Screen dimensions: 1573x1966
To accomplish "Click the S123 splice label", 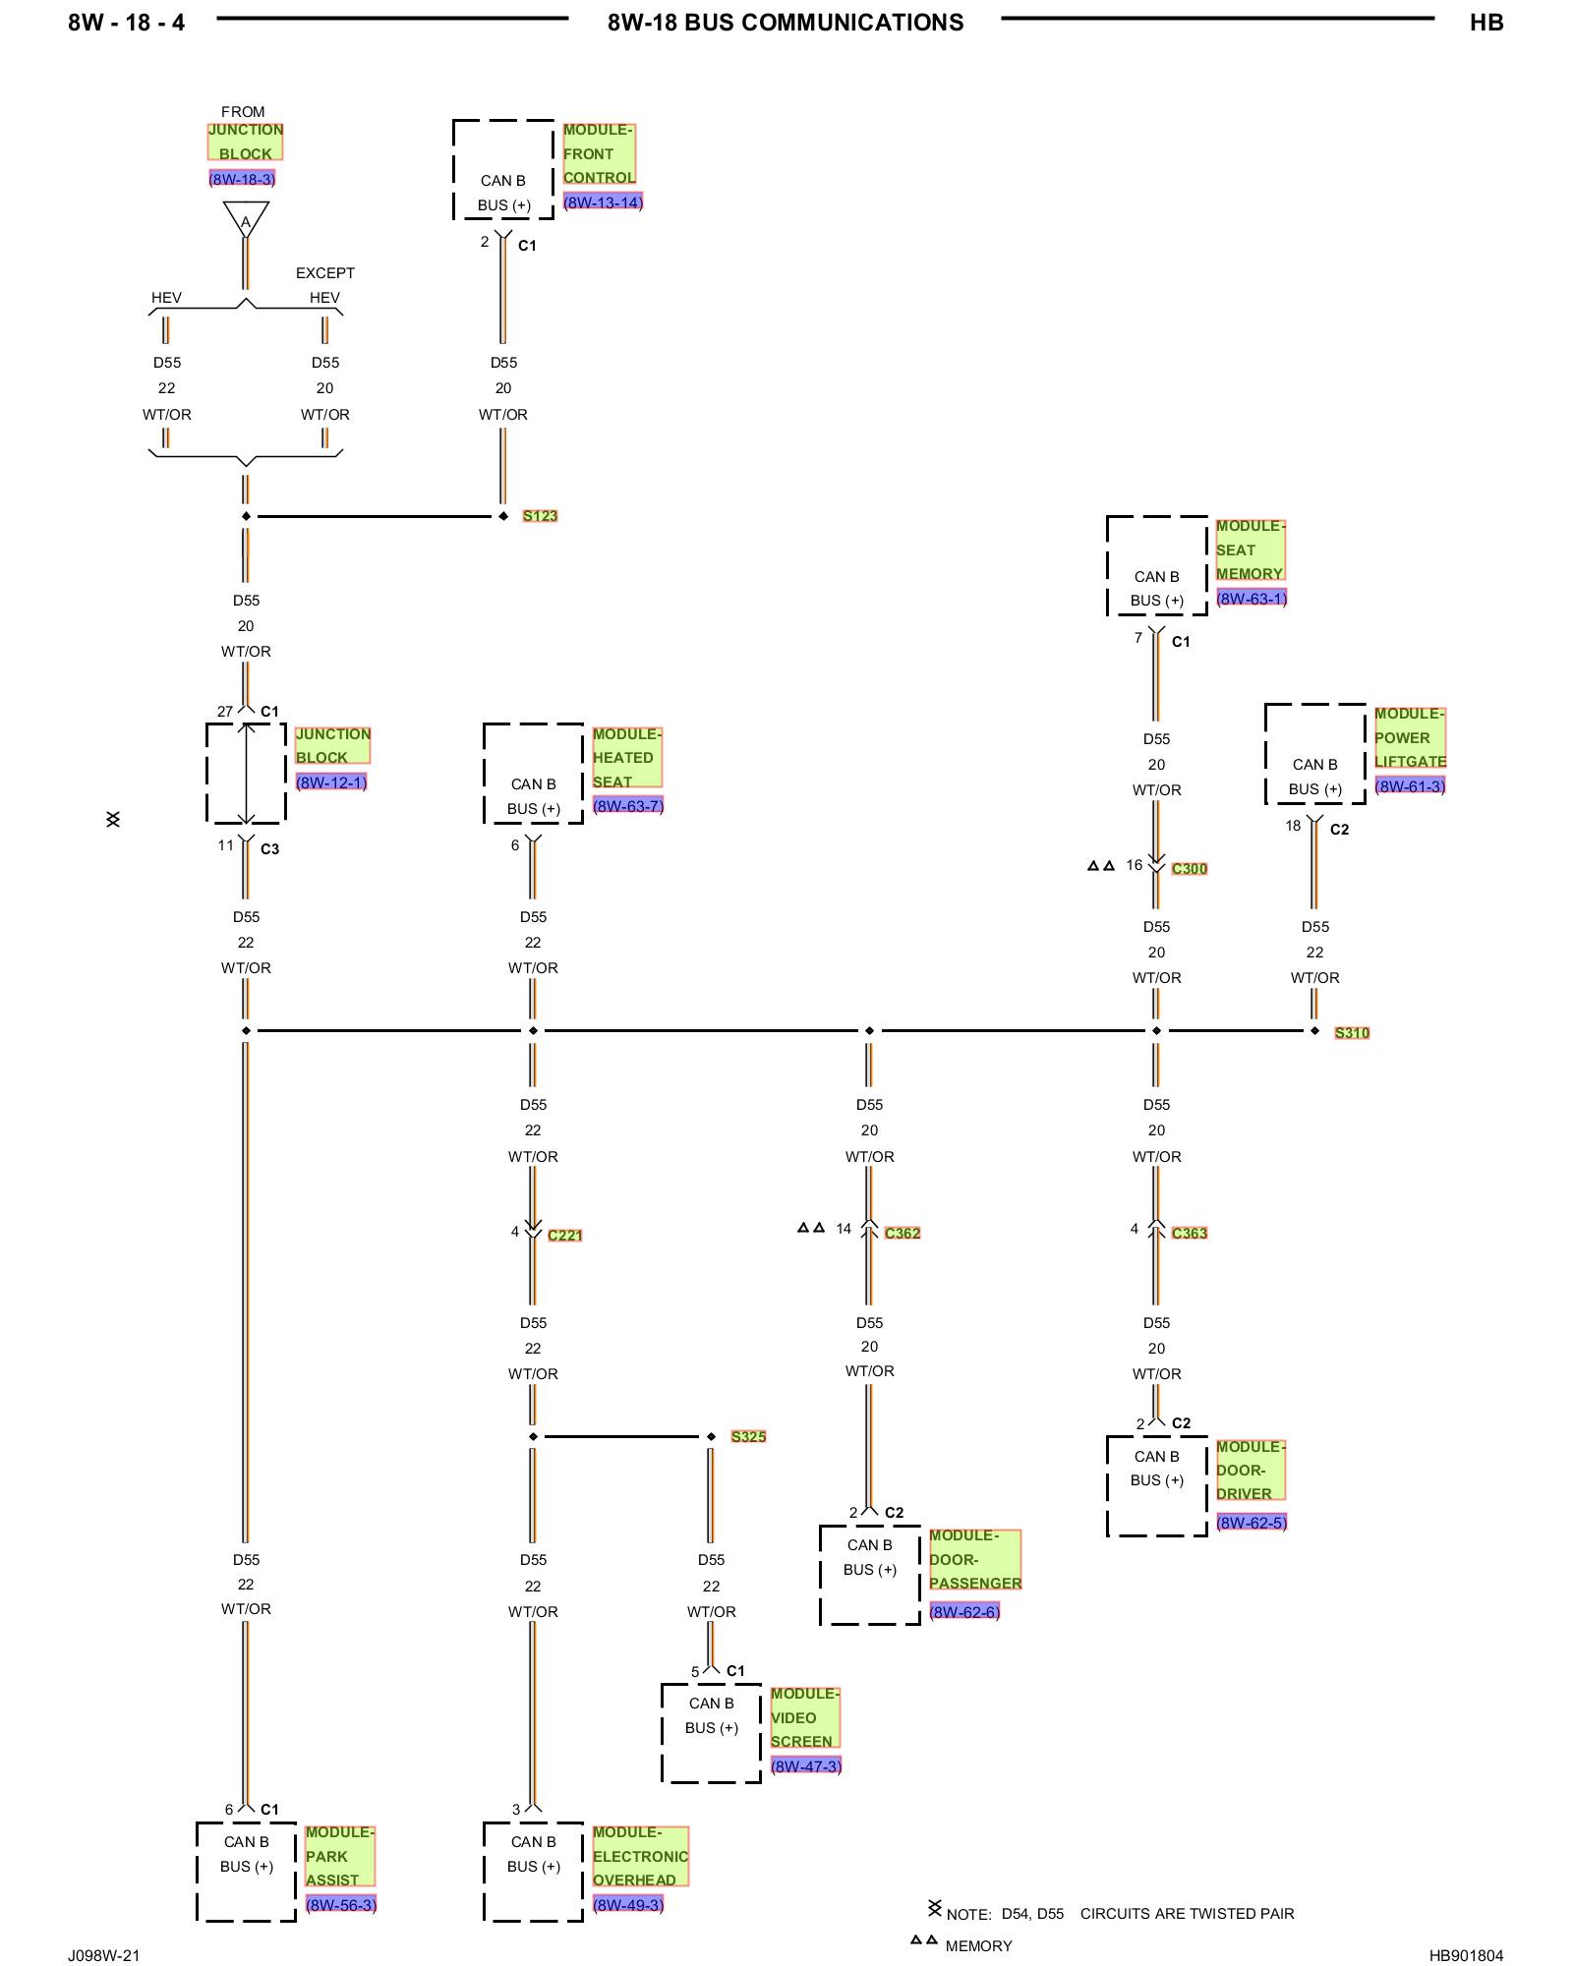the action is tap(540, 516).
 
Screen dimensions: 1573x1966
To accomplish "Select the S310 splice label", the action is tap(1352, 1033).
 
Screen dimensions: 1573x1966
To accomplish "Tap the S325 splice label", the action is tap(748, 1437).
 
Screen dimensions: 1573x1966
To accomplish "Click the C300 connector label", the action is tap(1190, 869).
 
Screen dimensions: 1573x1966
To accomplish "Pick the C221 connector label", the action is tap(565, 1236).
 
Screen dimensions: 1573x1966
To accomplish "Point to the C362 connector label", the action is tap(903, 1234).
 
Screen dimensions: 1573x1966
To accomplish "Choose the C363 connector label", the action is tap(1190, 1234).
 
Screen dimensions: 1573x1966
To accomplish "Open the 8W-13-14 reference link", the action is tap(603, 202).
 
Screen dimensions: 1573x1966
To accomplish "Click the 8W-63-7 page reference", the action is tap(628, 806).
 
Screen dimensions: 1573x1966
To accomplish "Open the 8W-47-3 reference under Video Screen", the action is tap(806, 1766).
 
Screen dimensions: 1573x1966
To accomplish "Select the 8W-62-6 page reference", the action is tap(964, 1612).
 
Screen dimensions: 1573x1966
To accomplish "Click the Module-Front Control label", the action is tap(599, 154).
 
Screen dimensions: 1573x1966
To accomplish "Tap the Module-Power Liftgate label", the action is tap(1410, 738).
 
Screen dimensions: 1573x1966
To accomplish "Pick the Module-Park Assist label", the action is tap(340, 1857).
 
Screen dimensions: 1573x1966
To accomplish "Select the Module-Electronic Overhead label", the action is tap(640, 1857).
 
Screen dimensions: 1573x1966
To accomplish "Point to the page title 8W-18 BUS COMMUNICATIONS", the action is tap(786, 23).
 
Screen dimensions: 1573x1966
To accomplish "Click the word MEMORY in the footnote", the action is tap(978, 1946).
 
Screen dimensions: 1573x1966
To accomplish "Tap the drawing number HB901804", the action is tap(1466, 1956).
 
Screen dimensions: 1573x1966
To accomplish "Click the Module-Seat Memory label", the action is tap(1251, 550).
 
